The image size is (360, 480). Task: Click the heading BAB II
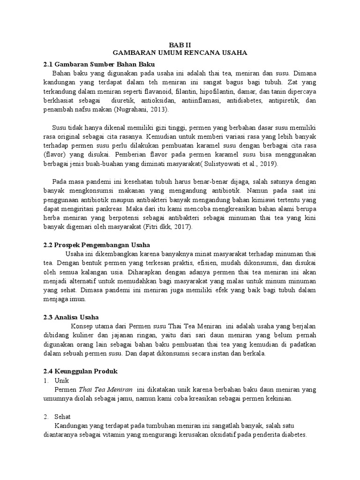pyautogui.click(x=180, y=44)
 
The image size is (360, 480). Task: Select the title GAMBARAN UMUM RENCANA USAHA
pyautogui.click(x=180, y=53)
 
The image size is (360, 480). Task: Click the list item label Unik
pyautogui.click(x=62, y=380)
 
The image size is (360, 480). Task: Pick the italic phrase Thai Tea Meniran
pyautogui.click(x=105, y=390)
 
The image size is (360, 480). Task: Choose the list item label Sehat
pyautogui.click(x=63, y=416)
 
